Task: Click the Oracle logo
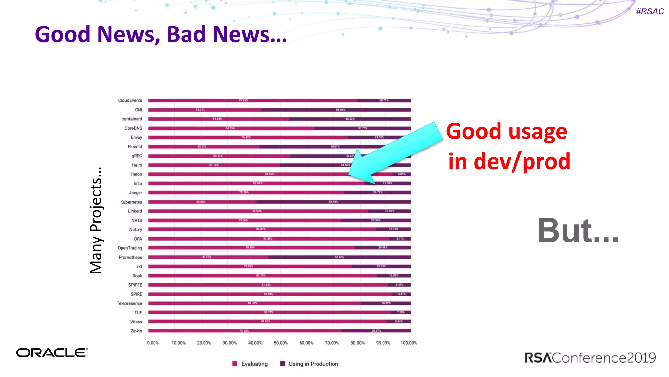pyautogui.click(x=52, y=353)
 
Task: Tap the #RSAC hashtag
pyautogui.click(x=650, y=11)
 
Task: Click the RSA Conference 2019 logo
pyautogui.click(x=590, y=358)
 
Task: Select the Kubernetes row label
pyautogui.click(x=131, y=202)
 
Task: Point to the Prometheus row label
pyautogui.click(x=130, y=257)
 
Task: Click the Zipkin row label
pyautogui.click(x=136, y=331)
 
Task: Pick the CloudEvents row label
pyautogui.click(x=130, y=100)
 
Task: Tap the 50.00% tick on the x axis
pyautogui.click(x=281, y=343)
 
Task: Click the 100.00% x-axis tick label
pyautogui.click(x=409, y=343)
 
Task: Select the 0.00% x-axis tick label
pyautogui.click(x=153, y=343)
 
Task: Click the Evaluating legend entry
pyautogui.click(x=250, y=364)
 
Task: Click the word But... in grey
pyautogui.click(x=578, y=230)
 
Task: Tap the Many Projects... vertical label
pyautogui.click(x=96, y=220)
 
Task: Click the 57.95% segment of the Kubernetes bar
pyautogui.click(x=334, y=202)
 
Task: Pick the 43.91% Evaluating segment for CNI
pyautogui.click(x=205, y=110)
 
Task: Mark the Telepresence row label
pyautogui.click(x=129, y=303)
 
